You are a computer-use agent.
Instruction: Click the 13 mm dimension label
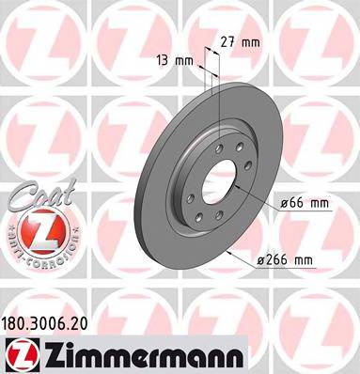pos(176,60)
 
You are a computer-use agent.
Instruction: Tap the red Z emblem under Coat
pos(35,227)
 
